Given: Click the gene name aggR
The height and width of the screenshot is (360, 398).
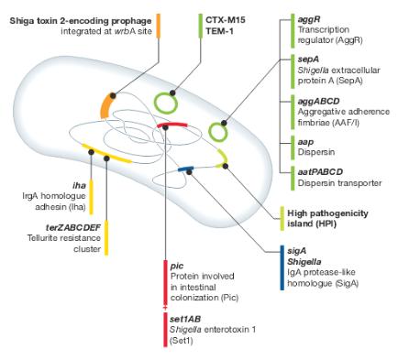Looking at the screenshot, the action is tap(309, 19).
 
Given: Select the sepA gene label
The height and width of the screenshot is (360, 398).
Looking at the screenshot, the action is tap(308, 60).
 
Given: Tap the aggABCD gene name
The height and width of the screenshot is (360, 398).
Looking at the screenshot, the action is tap(319, 101).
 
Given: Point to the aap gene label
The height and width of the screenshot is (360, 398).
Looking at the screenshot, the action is tap(305, 142).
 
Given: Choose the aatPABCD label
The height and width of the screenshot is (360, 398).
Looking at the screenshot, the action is tap(320, 172).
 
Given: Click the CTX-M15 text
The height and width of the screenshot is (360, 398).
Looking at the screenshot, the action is tap(226, 20).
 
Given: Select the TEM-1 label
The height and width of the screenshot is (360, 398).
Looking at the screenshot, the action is tap(219, 31).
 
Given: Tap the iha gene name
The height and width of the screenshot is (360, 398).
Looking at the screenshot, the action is tap(79, 185).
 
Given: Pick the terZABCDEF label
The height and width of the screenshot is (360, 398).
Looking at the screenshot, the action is tap(73, 227).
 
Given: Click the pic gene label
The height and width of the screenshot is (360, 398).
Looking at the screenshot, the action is tap(177, 267).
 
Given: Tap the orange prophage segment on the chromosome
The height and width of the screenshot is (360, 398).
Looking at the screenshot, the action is tap(105, 106).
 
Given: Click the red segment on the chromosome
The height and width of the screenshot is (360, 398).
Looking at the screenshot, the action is tap(171, 125).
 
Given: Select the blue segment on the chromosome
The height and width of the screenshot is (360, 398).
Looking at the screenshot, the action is tap(186, 169).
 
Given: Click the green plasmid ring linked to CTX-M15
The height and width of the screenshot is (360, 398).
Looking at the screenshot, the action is tap(165, 104).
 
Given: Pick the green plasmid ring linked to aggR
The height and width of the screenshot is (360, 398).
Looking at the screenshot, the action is tap(218, 132).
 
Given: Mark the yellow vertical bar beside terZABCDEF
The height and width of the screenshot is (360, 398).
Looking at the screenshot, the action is tap(106, 237).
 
